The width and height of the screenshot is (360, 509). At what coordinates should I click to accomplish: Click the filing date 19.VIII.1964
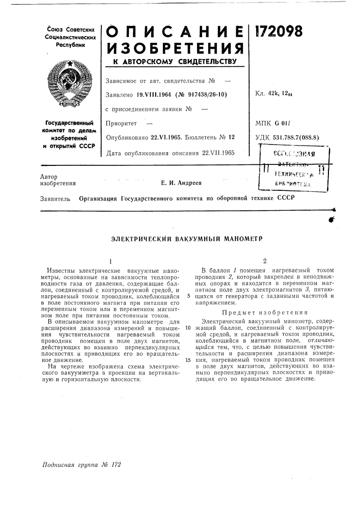(x=156, y=95)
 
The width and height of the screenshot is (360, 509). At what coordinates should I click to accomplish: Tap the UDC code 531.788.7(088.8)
(x=295, y=137)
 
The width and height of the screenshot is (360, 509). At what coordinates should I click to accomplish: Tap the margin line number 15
(x=188, y=360)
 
